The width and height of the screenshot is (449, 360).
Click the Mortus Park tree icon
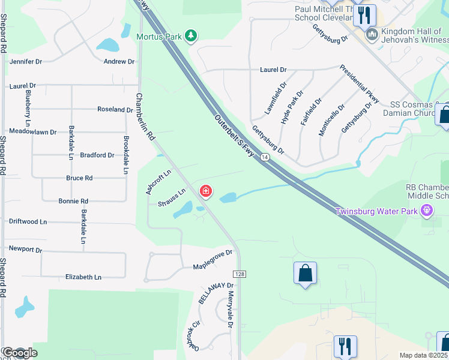tap(191, 36)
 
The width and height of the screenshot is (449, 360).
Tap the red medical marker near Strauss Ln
tap(206, 191)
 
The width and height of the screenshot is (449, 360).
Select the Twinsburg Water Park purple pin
tap(427, 210)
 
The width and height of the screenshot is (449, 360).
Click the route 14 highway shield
tap(265, 157)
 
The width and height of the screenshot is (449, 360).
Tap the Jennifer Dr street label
tap(25, 61)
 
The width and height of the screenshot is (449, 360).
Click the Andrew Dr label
tap(119, 61)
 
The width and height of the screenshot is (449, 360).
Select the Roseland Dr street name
tap(115, 110)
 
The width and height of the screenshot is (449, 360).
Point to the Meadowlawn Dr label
tap(32, 131)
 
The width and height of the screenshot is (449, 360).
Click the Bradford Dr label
tap(97, 155)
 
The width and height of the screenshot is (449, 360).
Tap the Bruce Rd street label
tap(79, 178)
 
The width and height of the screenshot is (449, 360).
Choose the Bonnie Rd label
tap(73, 201)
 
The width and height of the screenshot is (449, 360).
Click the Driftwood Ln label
tap(28, 221)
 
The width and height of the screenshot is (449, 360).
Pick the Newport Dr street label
tap(25, 249)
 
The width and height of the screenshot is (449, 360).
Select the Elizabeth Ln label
tap(83, 277)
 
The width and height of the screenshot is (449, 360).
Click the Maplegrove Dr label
tap(212, 260)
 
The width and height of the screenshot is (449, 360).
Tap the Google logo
tap(20, 353)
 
